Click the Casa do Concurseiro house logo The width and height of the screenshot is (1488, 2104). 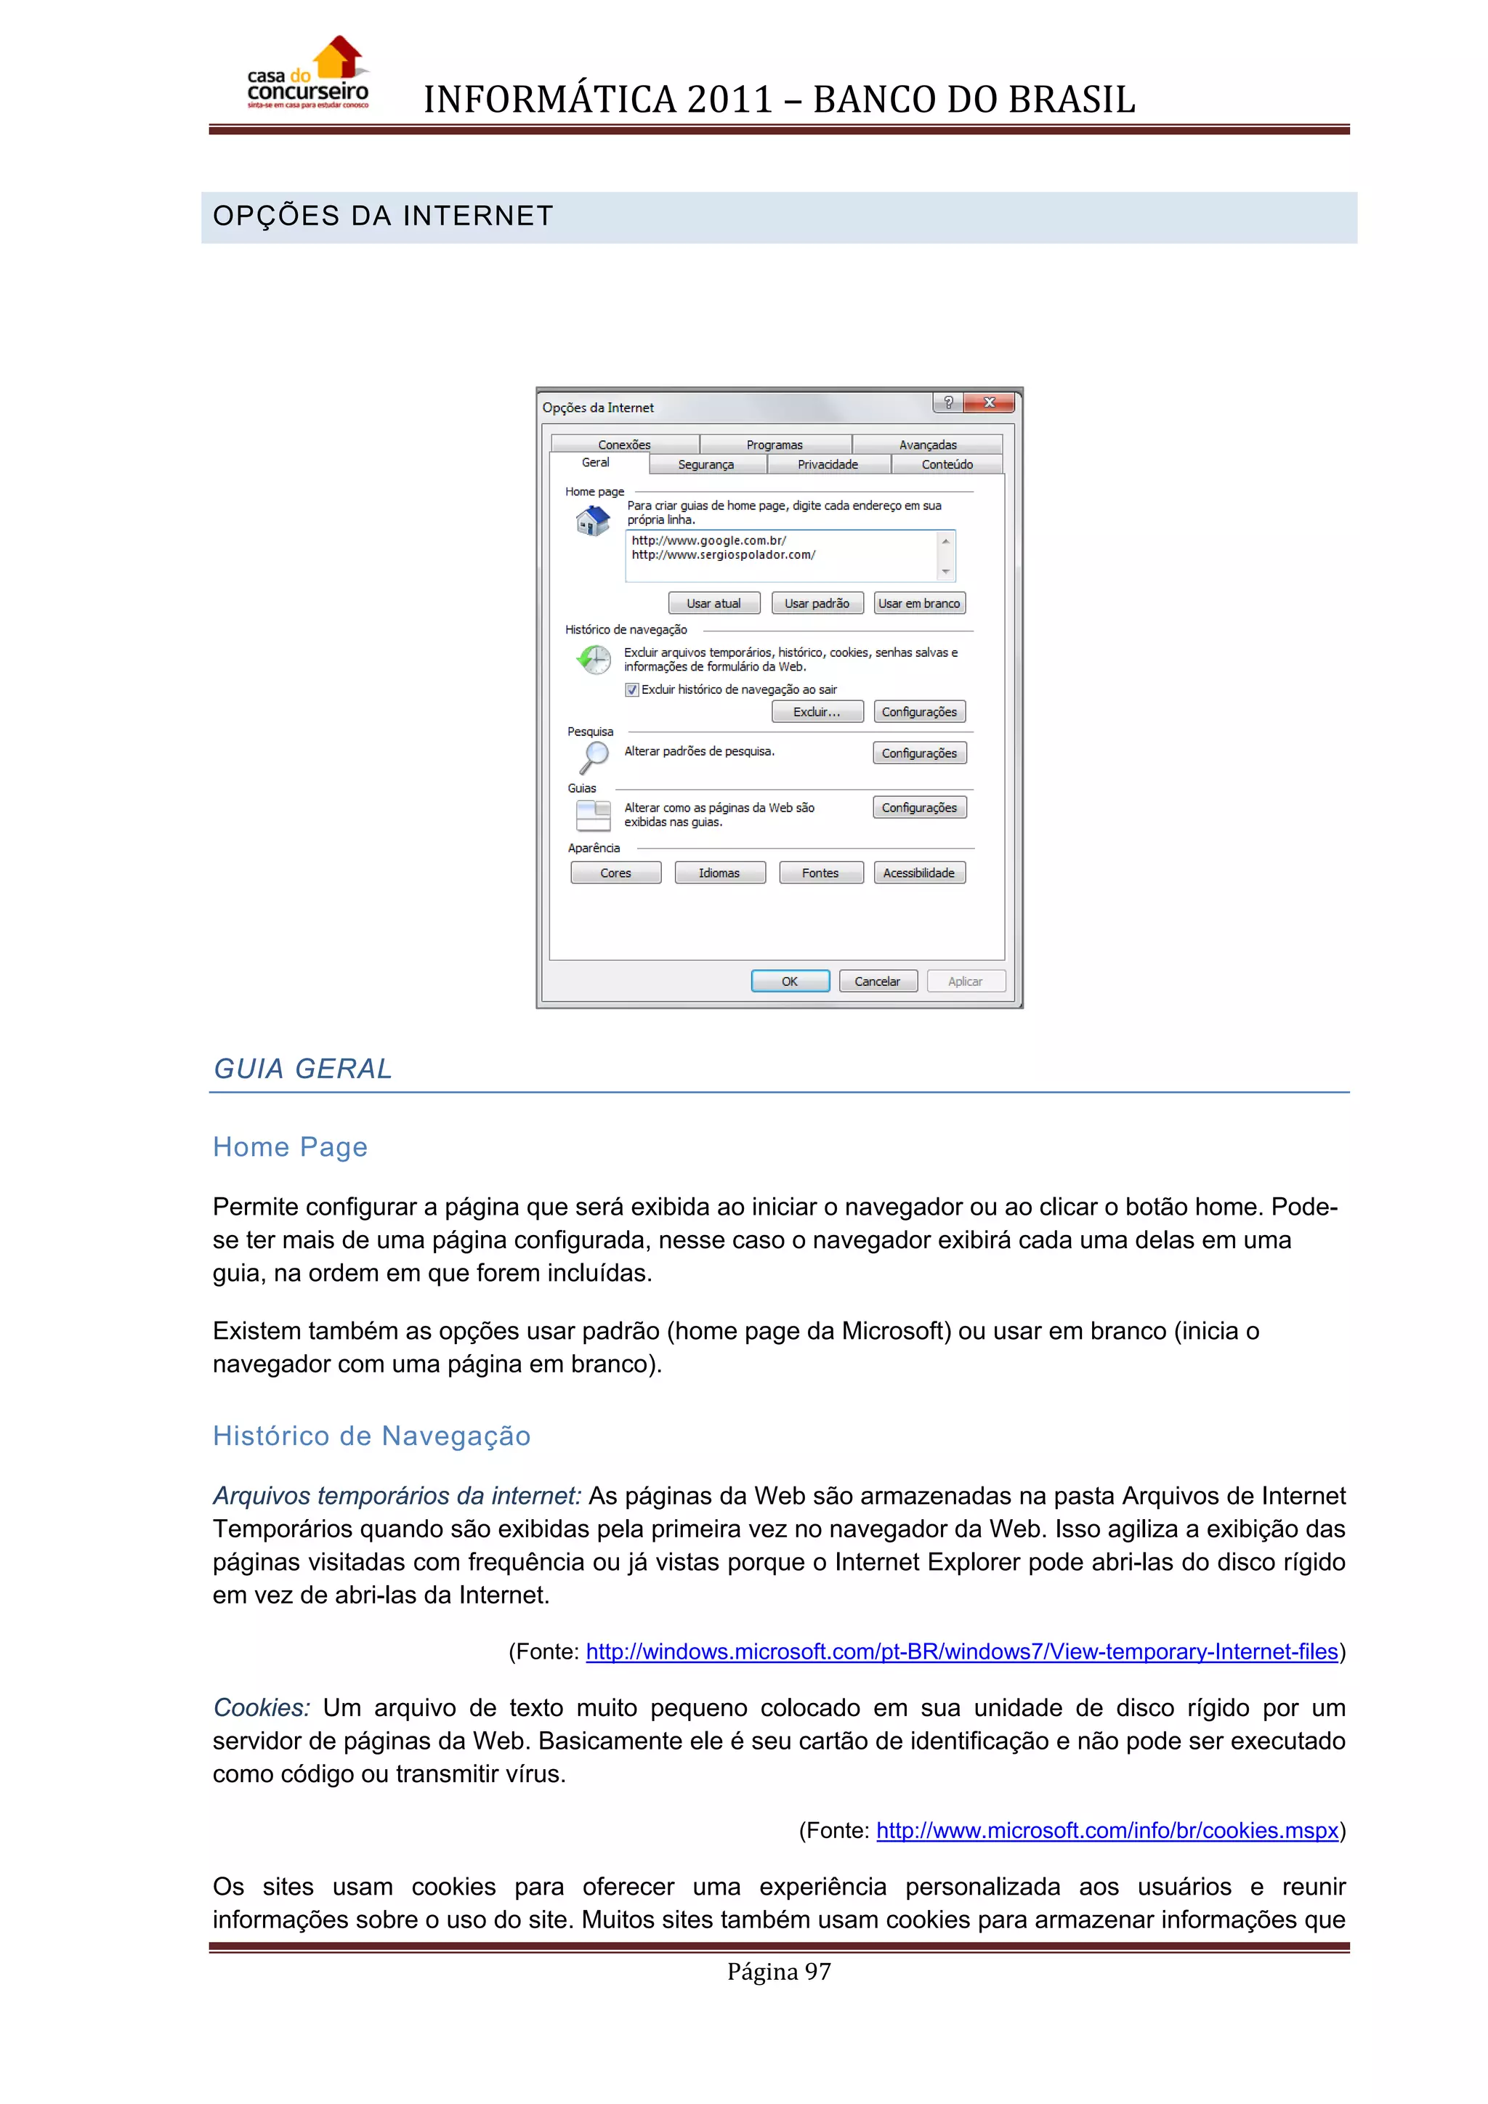click(308, 73)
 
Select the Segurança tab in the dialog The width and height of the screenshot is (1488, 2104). click(705, 464)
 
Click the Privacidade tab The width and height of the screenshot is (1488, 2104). click(828, 464)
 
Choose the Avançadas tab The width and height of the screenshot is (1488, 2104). click(927, 445)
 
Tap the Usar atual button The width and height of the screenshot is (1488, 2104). click(713, 603)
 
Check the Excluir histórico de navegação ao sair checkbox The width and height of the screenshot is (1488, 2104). click(632, 689)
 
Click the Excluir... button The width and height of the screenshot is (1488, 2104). click(817, 712)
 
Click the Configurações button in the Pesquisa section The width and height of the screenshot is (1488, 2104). click(919, 753)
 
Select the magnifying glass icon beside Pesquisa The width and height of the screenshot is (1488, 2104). click(594, 756)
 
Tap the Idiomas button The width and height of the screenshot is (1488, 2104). click(719, 873)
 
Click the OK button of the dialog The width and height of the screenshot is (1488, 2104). click(790, 982)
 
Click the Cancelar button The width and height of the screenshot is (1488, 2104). click(877, 982)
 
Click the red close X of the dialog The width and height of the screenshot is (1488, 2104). click(989, 402)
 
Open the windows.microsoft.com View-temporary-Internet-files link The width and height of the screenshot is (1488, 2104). click(961, 1651)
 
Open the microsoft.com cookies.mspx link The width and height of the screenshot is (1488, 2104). click(1107, 1830)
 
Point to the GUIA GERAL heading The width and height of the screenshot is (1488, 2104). click(302, 1069)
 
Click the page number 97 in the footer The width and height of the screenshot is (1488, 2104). click(779, 1971)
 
